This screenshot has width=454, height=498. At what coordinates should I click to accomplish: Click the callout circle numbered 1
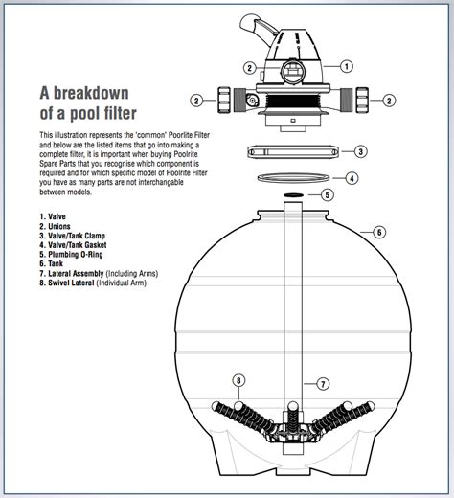[346, 66]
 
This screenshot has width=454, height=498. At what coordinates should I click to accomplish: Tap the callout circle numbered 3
[359, 150]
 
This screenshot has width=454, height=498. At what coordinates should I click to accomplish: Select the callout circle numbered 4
[352, 178]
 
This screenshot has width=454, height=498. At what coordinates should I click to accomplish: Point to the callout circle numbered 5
[327, 194]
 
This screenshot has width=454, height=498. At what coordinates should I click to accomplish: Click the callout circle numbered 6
[379, 232]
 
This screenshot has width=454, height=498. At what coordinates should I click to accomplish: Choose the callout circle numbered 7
[323, 383]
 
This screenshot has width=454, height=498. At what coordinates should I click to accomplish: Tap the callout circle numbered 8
[239, 380]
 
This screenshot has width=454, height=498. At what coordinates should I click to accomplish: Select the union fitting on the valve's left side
[227, 100]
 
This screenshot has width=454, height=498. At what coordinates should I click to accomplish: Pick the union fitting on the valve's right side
[363, 100]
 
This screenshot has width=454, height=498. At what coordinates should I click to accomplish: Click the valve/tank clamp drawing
[294, 151]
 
